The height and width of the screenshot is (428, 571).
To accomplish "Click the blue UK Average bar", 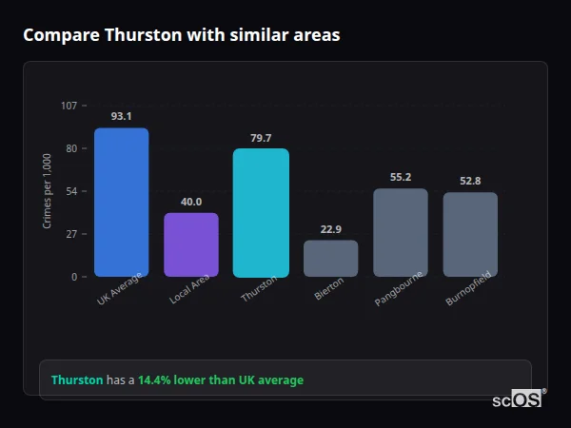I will [x=121, y=202].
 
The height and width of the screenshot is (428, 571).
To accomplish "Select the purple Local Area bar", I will [x=191, y=244].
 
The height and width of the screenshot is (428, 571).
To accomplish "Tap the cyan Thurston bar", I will [x=261, y=212].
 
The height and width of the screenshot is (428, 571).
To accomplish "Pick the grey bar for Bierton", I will [x=330, y=258].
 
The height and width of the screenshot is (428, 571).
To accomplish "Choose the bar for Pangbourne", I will [x=401, y=232].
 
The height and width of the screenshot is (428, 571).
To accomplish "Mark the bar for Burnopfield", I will [x=470, y=234].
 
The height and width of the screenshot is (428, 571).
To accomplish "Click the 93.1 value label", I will [x=121, y=116].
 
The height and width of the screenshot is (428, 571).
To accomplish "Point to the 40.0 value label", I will [x=191, y=202].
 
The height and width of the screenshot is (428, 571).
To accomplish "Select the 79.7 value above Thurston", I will [x=261, y=138].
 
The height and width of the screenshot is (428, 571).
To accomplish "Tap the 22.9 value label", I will [x=330, y=229].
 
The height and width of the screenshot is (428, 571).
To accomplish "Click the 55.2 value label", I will [x=401, y=177].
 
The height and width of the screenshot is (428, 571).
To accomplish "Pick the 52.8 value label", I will [x=470, y=181].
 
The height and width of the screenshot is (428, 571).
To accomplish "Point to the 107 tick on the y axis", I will [x=69, y=106].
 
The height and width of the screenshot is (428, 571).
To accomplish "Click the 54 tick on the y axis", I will [x=71, y=191].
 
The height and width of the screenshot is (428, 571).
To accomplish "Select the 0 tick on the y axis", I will [x=73, y=277].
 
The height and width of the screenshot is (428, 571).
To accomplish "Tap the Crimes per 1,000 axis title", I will [x=48, y=191].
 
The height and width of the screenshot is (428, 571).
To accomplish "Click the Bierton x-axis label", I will [x=328, y=291].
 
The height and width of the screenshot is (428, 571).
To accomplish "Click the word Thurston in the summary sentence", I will [x=77, y=379].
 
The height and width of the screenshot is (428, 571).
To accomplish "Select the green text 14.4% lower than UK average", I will [x=221, y=379].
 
